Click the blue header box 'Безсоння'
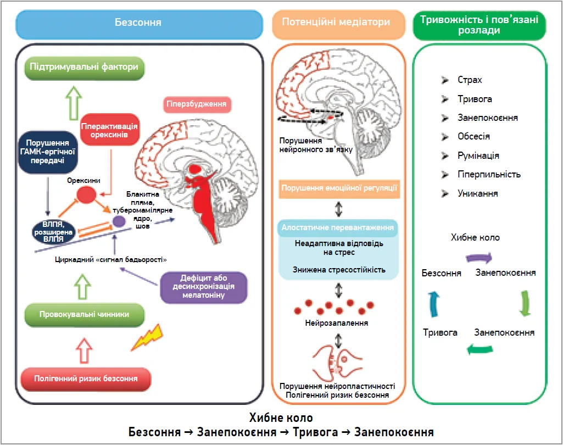138,23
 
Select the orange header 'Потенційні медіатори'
336,23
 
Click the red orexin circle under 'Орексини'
86,193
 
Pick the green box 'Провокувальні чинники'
84,314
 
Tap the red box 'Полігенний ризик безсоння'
85,378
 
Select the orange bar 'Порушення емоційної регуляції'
339,188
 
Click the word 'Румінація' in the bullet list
478,155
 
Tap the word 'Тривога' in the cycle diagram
440,332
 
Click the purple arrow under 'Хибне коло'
478,257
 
